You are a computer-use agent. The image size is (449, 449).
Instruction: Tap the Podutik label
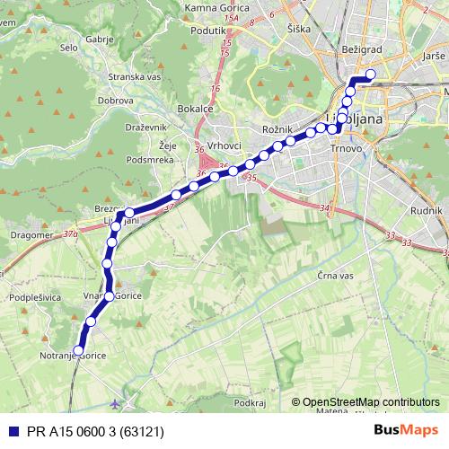click(x=208, y=30)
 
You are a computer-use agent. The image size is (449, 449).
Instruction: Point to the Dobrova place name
click(x=117, y=101)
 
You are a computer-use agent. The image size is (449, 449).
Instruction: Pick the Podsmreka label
click(x=150, y=159)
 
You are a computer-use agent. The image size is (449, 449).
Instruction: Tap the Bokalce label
click(x=195, y=109)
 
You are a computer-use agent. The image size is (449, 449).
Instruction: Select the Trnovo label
click(x=346, y=147)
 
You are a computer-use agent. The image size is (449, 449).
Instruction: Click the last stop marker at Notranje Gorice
click(x=78, y=351)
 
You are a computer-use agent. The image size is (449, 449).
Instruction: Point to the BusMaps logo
click(x=406, y=430)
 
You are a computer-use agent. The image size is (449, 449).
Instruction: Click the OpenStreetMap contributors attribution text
click(x=371, y=402)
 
